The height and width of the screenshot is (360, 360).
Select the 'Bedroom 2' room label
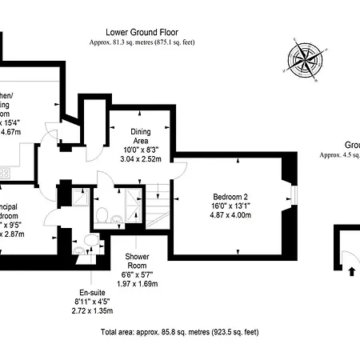click(x=231, y=197)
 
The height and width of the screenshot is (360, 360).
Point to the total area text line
click(x=180, y=331)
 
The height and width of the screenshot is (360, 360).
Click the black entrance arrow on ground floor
click(x=350, y=270)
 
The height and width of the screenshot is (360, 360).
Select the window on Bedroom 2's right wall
click(x=295, y=196)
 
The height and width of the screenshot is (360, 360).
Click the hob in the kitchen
click(x=4, y=172)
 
